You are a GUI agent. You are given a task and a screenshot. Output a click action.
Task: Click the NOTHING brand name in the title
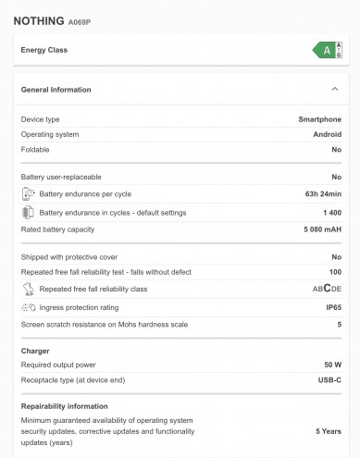pyautogui.click(x=38, y=20)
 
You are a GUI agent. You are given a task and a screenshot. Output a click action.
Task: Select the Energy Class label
pyautogui.click(x=44, y=50)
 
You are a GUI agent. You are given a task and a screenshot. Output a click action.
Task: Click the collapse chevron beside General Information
pyautogui.click(x=334, y=90)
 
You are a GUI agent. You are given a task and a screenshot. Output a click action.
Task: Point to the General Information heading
pyautogui.click(x=56, y=90)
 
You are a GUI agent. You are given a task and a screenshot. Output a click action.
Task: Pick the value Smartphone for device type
pyautogui.click(x=319, y=119)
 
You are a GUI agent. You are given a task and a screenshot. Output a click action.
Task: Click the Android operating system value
pyautogui.click(x=326, y=134)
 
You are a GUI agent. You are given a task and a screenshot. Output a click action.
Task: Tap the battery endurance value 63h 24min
pyautogui.click(x=321, y=194)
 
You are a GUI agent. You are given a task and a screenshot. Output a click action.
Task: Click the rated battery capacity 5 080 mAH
pyautogui.click(x=318, y=229)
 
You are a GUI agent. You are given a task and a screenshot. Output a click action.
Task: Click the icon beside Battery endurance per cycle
pyautogui.click(x=28, y=194)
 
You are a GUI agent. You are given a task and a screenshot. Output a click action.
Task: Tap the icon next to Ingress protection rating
pyautogui.click(x=28, y=306)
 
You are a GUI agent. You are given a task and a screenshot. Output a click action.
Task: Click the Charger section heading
pyautogui.click(x=35, y=351)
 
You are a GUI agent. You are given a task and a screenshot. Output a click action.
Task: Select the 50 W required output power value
pyautogui.click(x=332, y=365)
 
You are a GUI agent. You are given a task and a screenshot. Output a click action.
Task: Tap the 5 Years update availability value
pyautogui.click(x=329, y=431)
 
